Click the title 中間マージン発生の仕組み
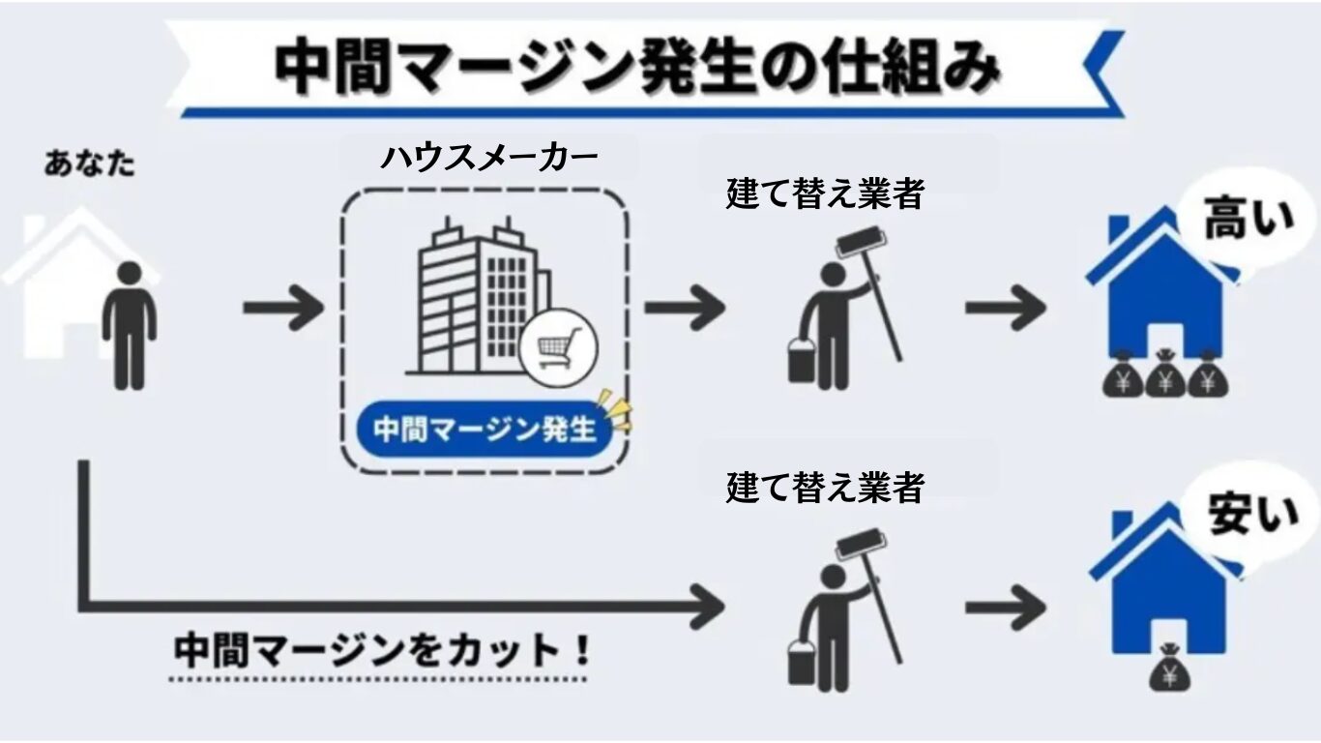(634, 68)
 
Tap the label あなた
(90, 163)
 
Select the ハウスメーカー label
(488, 157)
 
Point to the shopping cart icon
(559, 346)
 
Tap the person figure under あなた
(131, 325)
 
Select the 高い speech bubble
(1248, 223)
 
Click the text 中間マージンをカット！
(382, 649)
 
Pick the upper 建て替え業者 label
(825, 194)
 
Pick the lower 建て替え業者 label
(825, 487)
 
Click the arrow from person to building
(282, 308)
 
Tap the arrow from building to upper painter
(684, 308)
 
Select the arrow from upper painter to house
(1006, 308)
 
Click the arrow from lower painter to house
(1006, 609)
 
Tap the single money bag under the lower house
(1168, 669)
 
